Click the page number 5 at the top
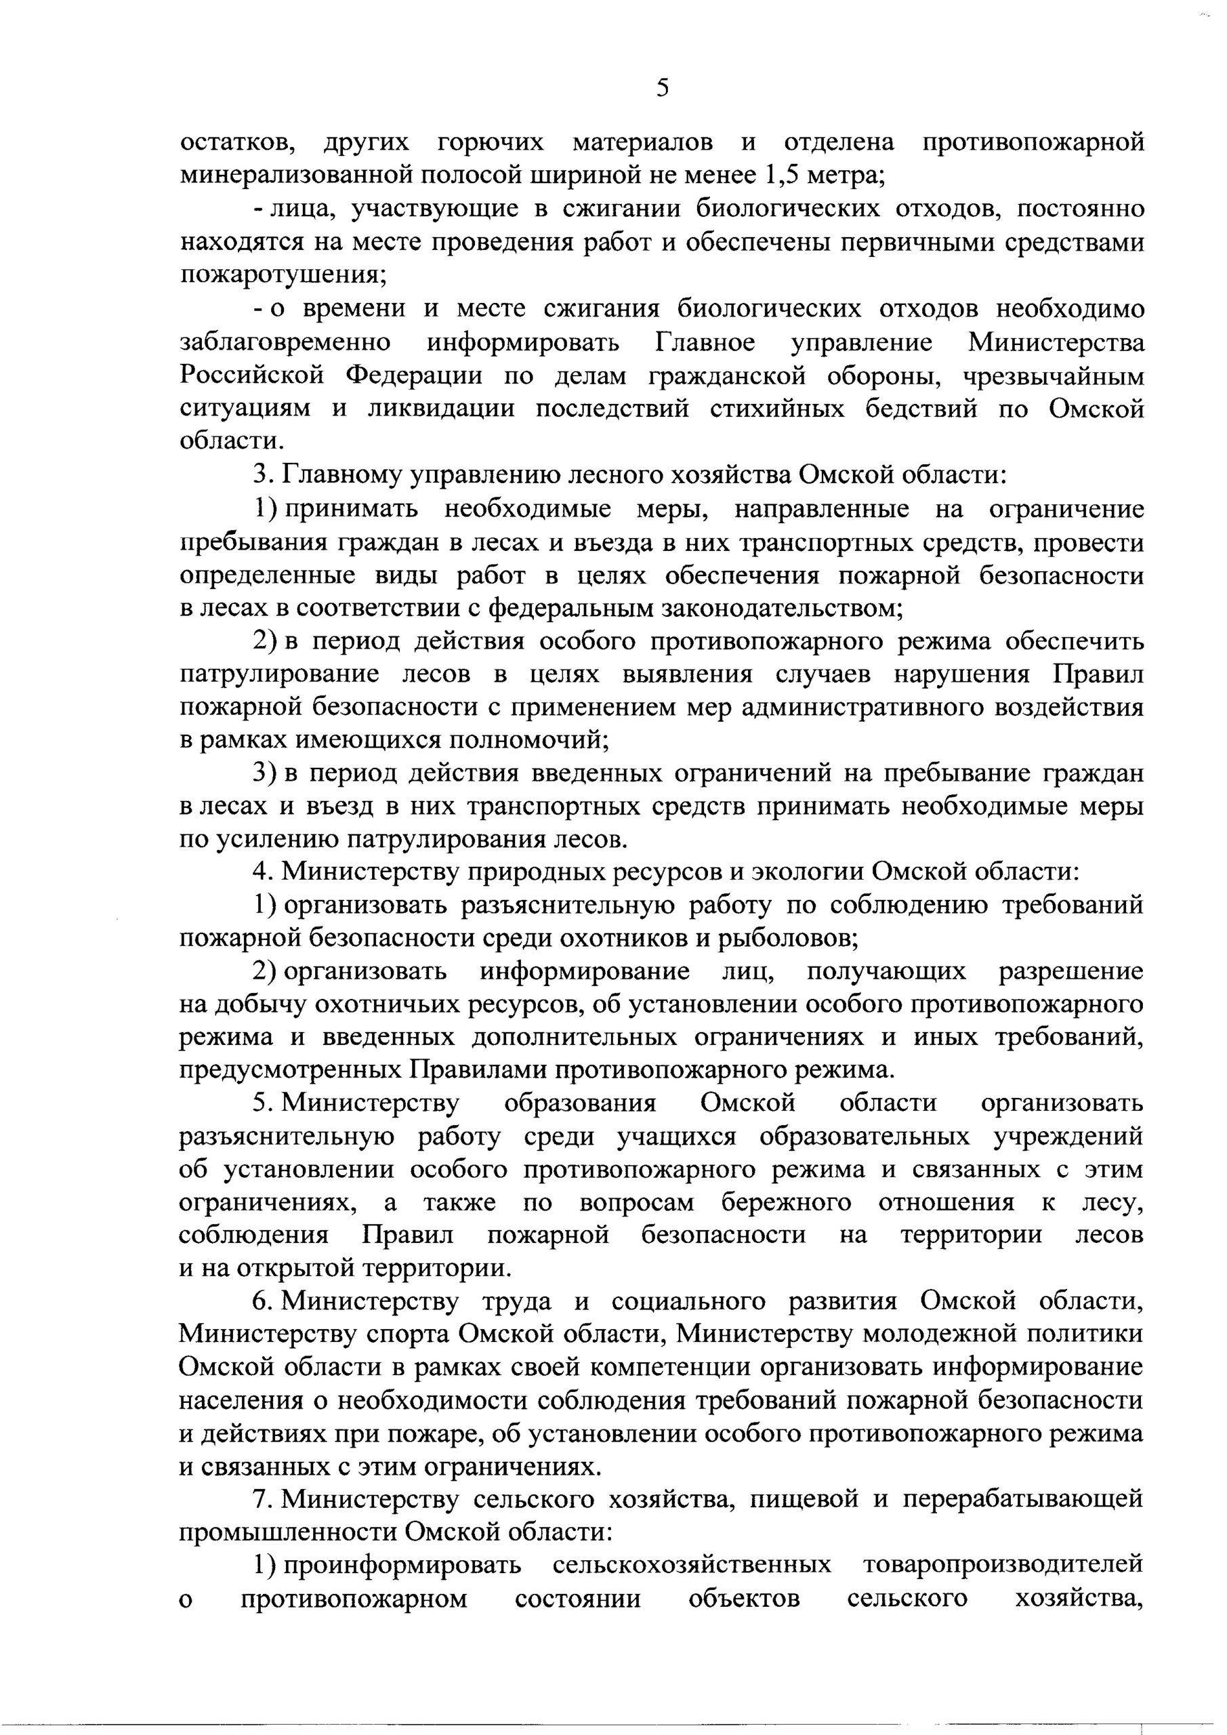[662, 88]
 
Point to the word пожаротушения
[283, 275]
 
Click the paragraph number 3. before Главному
[262, 475]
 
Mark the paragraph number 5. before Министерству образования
[262, 1104]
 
